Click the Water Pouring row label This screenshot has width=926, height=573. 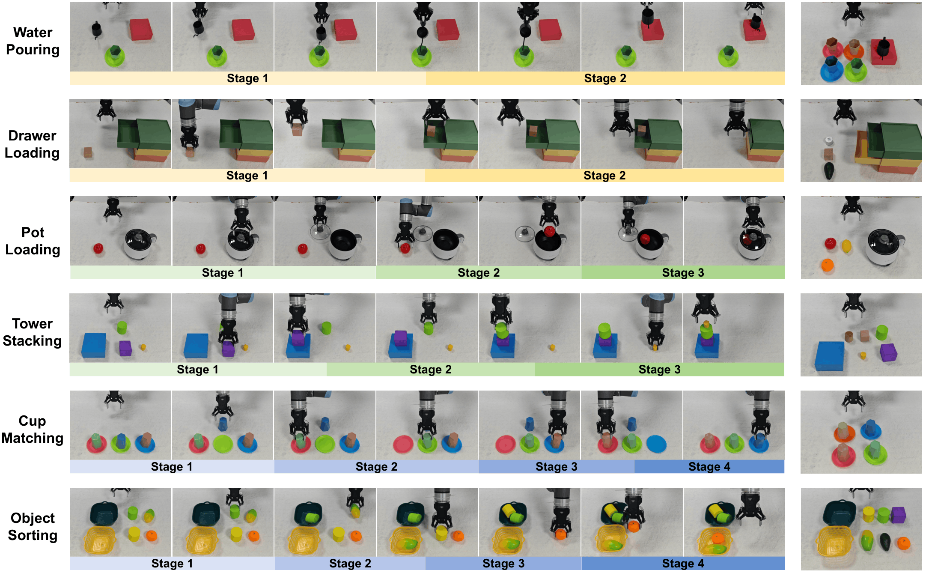[x=33, y=41]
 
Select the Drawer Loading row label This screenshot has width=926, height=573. [x=32, y=144]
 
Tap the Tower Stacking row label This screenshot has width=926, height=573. [x=32, y=332]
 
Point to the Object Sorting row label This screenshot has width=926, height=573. [x=33, y=527]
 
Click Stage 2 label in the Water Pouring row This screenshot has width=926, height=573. [x=605, y=78]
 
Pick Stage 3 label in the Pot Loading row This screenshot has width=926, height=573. [x=683, y=273]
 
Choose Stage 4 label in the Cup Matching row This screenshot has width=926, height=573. [x=709, y=467]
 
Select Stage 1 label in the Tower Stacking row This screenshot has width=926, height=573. [x=197, y=370]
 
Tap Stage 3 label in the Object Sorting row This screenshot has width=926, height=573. [x=503, y=564]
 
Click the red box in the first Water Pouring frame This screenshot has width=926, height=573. [x=141, y=29]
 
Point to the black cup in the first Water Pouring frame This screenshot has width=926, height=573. [x=97, y=30]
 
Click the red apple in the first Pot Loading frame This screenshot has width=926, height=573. [x=98, y=248]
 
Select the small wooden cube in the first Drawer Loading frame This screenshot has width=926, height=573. [x=88, y=152]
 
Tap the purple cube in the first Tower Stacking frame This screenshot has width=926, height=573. [x=125, y=348]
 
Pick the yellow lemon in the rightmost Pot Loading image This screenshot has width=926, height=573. [x=846, y=246]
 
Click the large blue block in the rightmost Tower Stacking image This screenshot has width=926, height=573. [x=830, y=356]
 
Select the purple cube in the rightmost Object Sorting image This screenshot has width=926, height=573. [x=898, y=515]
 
